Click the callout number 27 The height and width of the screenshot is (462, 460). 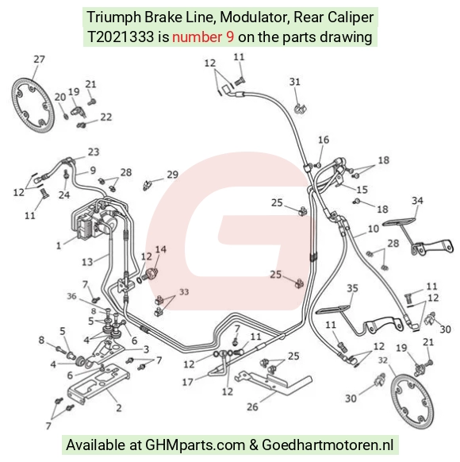point(39,60)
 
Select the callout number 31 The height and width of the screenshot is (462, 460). point(295,82)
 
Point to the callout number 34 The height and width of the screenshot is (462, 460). point(417,201)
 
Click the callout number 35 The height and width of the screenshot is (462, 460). point(352,288)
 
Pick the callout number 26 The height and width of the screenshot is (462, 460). point(252,407)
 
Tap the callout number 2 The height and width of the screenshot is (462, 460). point(119,408)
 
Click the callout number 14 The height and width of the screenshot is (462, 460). point(161,249)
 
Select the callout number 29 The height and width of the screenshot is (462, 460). point(173,175)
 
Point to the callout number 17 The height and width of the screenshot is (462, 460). point(188,382)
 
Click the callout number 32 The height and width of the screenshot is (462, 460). point(382,360)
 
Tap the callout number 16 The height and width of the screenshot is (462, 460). point(324,140)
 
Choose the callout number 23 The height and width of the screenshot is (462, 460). point(94,152)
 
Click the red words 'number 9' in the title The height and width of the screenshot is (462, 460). point(203,37)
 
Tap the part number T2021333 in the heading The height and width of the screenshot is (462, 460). point(121,37)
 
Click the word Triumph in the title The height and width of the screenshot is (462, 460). point(114,17)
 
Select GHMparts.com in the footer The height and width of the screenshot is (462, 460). point(195,445)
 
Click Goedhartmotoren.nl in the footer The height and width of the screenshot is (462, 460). point(328,445)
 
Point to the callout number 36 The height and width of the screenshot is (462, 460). point(71,296)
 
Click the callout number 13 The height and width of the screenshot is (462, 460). point(87,262)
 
